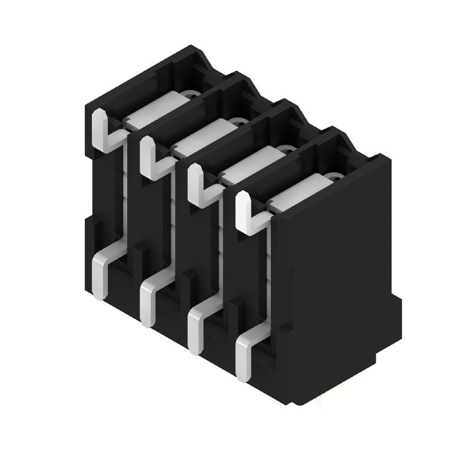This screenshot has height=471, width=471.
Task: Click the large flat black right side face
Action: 336,265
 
